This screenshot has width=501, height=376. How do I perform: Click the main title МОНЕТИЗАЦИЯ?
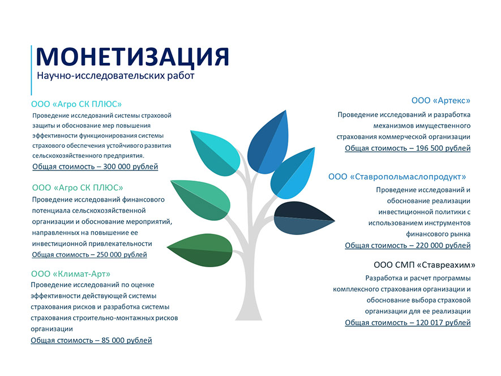pos(132,57)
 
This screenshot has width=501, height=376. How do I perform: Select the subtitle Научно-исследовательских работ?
pos(115,76)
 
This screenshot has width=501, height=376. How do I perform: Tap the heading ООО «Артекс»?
pos(441,100)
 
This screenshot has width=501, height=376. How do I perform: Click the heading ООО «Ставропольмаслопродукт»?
pos(397,177)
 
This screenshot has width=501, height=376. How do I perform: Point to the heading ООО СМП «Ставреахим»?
pos(425,265)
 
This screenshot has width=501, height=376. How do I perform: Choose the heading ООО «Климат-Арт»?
pos(71,274)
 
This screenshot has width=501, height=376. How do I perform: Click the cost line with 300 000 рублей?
pos(95,166)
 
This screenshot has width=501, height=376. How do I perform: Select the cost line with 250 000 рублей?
pos(89,254)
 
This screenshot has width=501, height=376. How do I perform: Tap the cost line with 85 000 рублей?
pos(91,340)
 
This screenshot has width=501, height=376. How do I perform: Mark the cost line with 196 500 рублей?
pos(408,148)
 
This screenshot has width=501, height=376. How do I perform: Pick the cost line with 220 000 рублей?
pos(408,245)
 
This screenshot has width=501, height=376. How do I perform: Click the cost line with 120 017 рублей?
pos(408,323)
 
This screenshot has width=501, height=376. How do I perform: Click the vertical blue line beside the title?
pos(31,70)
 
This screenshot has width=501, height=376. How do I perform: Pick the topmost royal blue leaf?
pos(269,144)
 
